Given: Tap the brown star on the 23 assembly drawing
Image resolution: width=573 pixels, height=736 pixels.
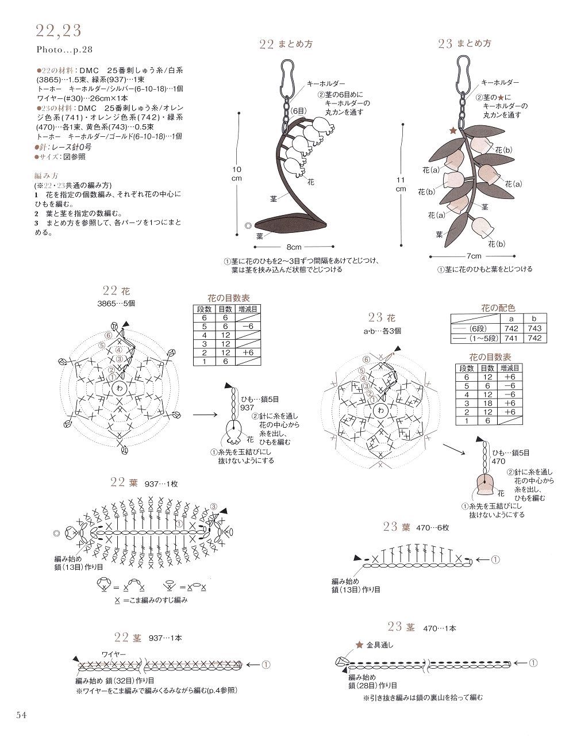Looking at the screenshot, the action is click(x=453, y=131).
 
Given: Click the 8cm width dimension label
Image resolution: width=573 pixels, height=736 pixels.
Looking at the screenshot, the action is click(x=294, y=247).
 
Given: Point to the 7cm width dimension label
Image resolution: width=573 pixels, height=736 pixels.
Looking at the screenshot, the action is click(x=474, y=256).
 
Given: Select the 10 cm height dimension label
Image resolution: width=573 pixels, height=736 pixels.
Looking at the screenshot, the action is click(x=237, y=174).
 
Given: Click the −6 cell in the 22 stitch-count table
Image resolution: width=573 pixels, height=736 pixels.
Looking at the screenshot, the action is click(x=248, y=326).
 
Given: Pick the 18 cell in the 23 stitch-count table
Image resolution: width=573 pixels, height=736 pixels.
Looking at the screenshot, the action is click(x=487, y=403).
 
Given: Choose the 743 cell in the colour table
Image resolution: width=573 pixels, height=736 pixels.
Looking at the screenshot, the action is click(x=534, y=328).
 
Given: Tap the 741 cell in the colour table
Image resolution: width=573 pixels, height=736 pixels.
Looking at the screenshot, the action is click(x=512, y=338).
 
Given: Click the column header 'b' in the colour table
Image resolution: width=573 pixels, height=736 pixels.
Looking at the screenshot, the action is click(x=534, y=319).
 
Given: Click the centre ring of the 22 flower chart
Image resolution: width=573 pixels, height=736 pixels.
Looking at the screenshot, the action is click(x=119, y=388).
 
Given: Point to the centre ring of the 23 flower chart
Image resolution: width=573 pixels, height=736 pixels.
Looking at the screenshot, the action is click(x=380, y=411).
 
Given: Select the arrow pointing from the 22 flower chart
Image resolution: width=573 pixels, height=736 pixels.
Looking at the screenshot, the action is click(x=205, y=414).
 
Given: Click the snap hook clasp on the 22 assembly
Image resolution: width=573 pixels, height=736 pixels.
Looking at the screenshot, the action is click(x=287, y=78).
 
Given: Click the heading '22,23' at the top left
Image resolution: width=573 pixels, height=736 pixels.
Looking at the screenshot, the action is click(x=59, y=30).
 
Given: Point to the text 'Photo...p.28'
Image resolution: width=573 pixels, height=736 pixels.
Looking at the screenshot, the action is click(x=64, y=50).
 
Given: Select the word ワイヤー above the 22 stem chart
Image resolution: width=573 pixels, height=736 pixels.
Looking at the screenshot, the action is click(x=114, y=654).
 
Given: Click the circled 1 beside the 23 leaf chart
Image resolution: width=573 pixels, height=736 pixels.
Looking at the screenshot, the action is click(x=495, y=559).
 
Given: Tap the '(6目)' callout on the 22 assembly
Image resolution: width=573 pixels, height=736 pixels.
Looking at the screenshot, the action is click(x=299, y=111).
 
